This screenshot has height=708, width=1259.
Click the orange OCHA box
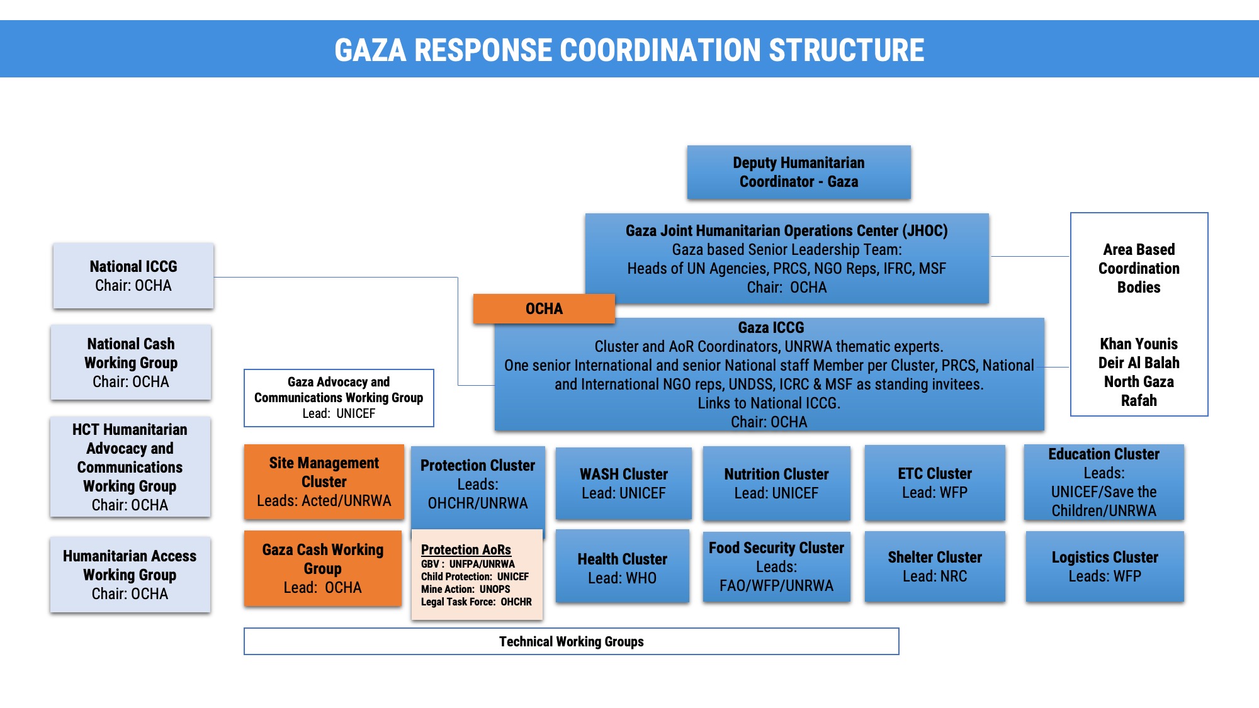click(543, 308)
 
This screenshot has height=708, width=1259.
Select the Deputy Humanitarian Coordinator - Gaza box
click(798, 172)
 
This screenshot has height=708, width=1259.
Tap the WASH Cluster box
click(623, 483)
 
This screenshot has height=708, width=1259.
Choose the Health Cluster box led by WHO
click(622, 568)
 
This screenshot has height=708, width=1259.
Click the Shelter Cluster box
click(934, 566)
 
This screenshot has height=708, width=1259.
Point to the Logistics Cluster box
click(1104, 566)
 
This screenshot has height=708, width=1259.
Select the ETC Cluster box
click(934, 483)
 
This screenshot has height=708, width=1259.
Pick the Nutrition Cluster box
click(776, 483)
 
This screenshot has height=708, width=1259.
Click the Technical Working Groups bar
click(571, 641)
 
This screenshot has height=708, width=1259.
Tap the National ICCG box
click(133, 276)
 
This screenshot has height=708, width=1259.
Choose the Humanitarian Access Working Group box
click(130, 575)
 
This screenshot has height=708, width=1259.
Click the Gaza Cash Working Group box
click(322, 568)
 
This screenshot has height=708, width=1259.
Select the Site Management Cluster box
click(324, 481)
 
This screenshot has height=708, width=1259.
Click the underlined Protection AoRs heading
click(466, 549)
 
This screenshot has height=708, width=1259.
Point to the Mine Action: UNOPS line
click(465, 589)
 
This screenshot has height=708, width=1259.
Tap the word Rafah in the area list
click(1138, 400)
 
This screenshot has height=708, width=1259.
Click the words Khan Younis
click(1138, 344)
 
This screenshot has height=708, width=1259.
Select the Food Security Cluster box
click(776, 566)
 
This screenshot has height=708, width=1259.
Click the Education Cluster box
click(1103, 482)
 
